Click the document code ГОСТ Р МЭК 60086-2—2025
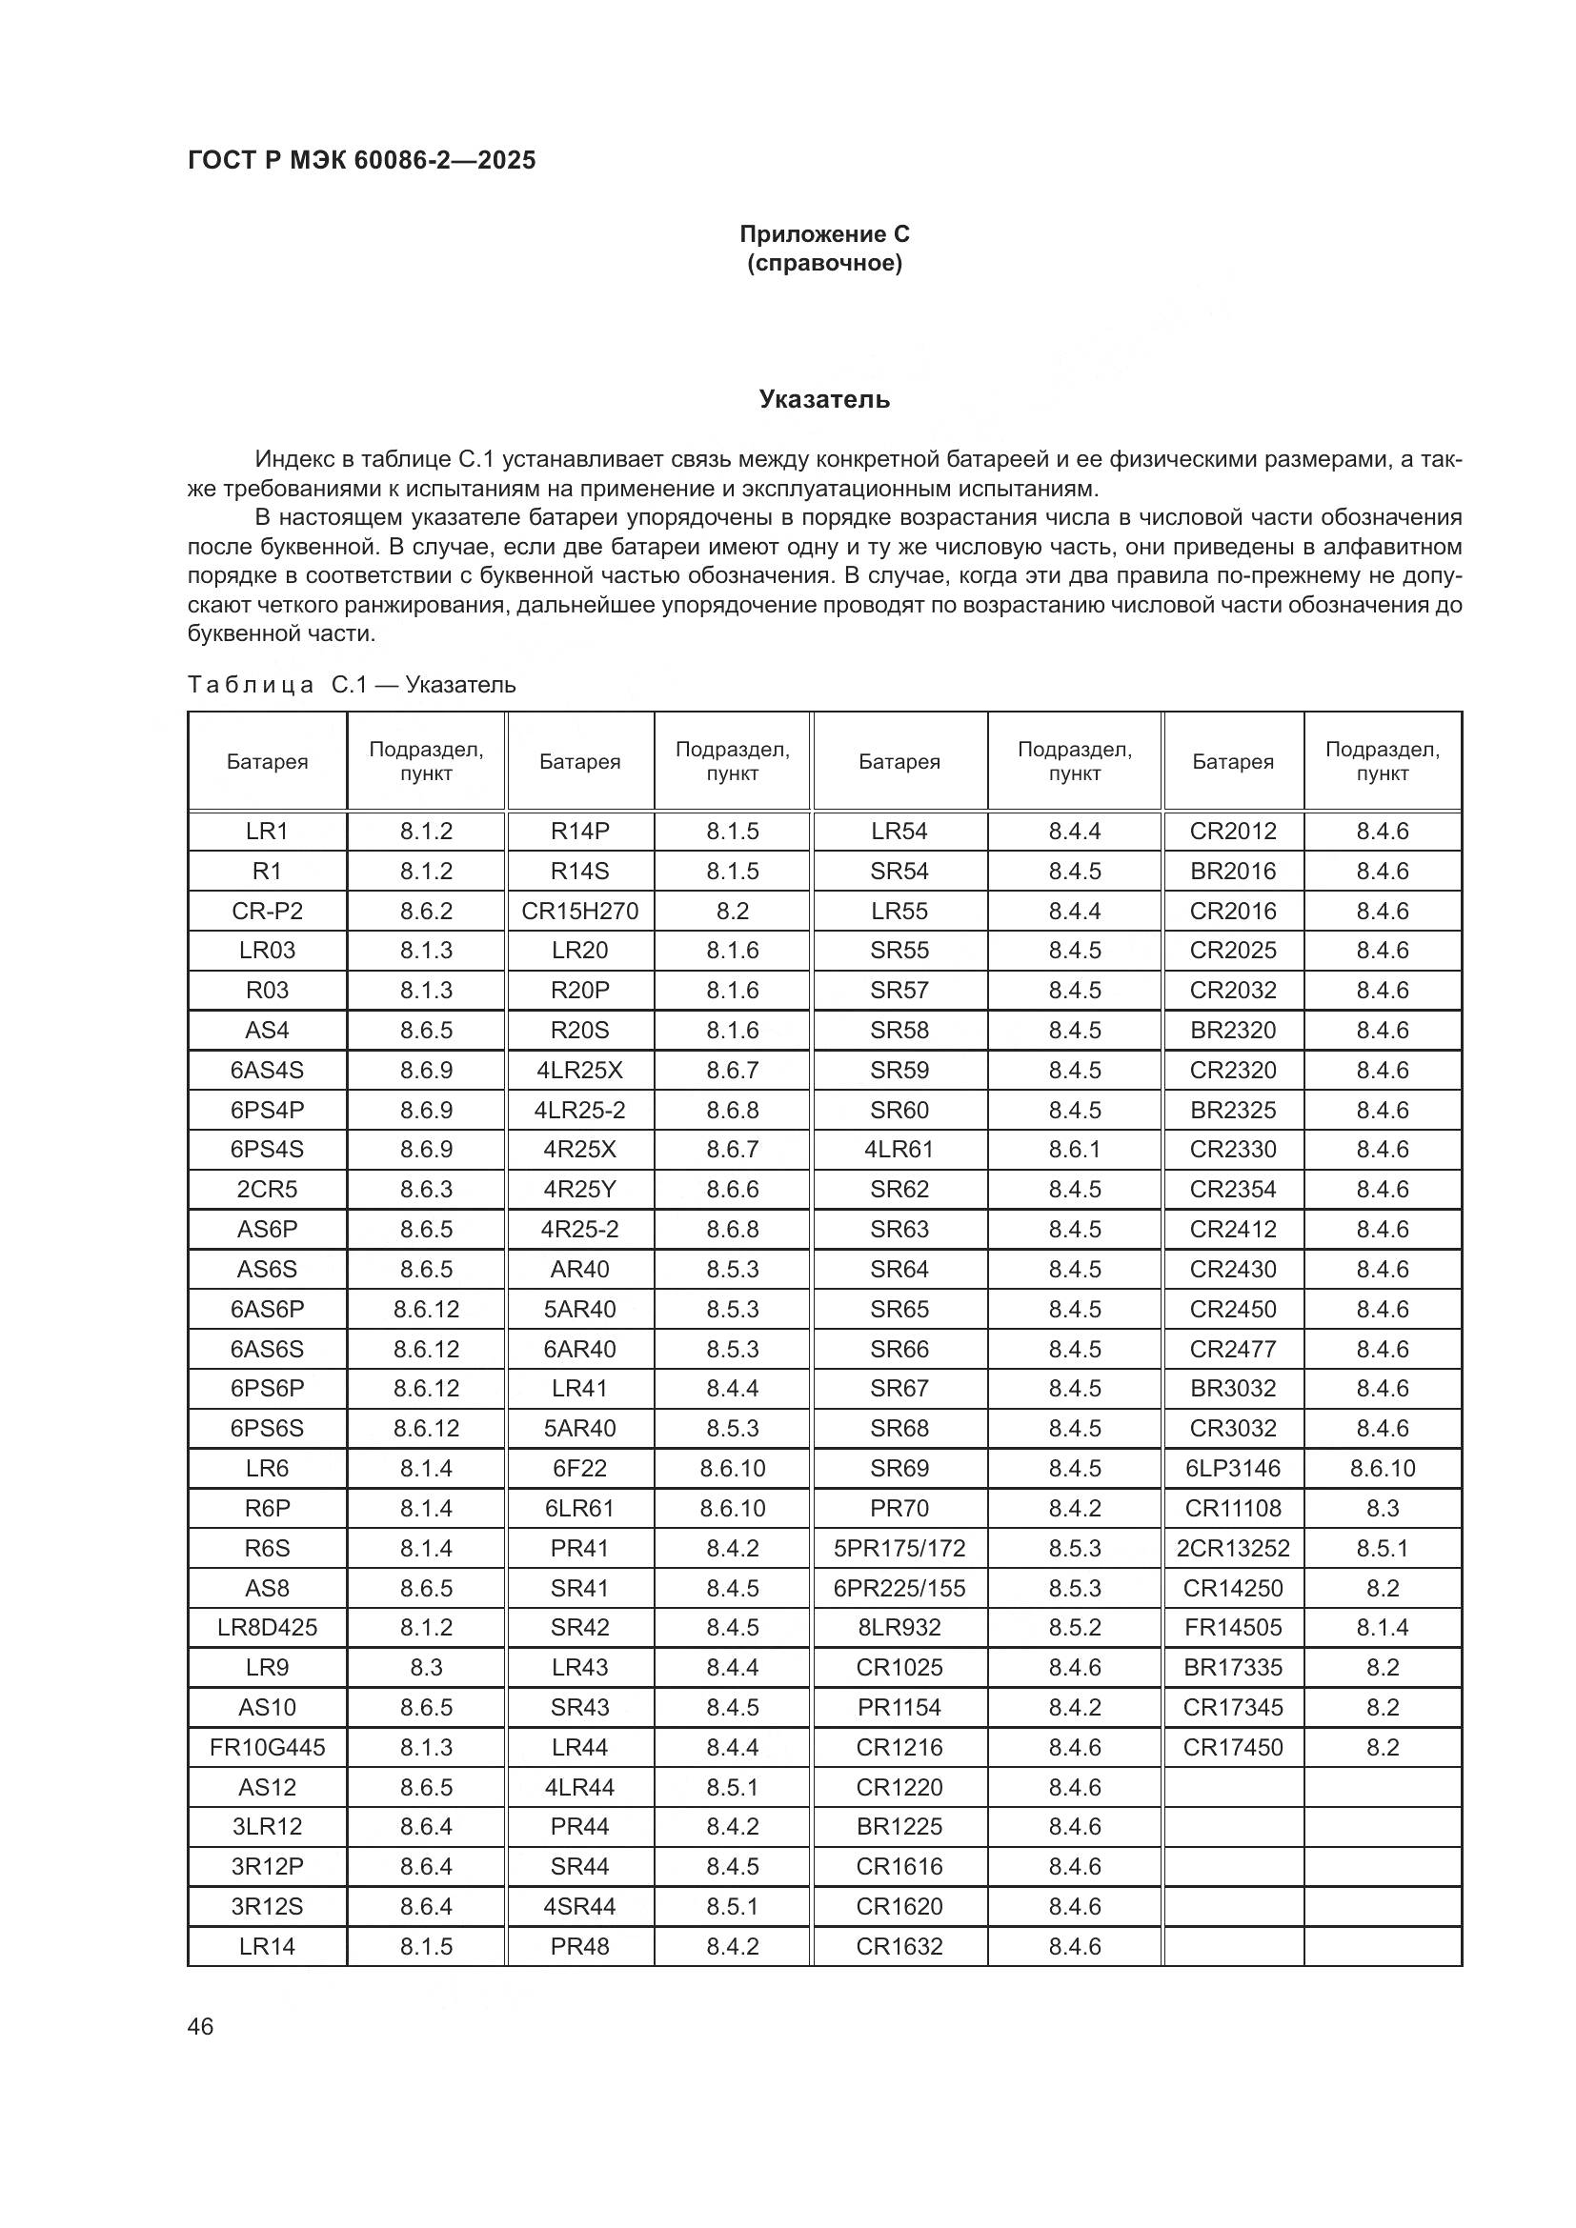coord(361,161)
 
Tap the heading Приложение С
coord(824,234)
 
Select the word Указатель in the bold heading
coord(824,400)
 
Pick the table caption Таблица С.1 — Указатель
coord(352,685)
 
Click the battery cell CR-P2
coord(267,912)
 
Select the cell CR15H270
coord(579,912)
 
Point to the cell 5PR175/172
coord(899,1549)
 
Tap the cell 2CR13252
coord(1232,1549)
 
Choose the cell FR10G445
coord(267,1748)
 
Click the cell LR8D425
coord(267,1628)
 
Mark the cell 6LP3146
coord(1232,1469)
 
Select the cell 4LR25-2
coord(579,1110)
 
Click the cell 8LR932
coord(899,1628)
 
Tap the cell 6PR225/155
coord(899,1589)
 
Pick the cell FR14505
coord(1232,1628)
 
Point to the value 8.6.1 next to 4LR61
coord(1074,1150)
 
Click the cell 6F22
coord(579,1469)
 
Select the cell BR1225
coord(899,1827)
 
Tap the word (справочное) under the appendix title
coord(824,264)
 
